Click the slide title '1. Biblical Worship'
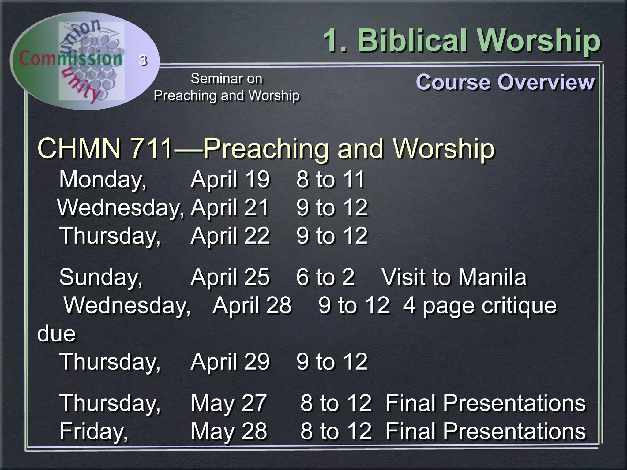coord(462,41)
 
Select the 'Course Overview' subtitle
coord(505,82)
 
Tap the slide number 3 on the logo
coord(143,60)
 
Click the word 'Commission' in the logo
coord(70,58)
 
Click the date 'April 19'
coord(230,179)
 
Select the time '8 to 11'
coord(330,179)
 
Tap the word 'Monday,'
coord(103,180)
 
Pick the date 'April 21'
coord(230,207)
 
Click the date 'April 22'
coord(230,236)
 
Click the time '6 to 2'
coord(325,277)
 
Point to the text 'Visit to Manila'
coord(454,277)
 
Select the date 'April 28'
coord(252,305)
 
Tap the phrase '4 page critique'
coord(480,306)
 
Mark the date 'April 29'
coord(230,362)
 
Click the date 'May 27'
coord(229,403)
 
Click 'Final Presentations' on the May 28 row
coord(486,431)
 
